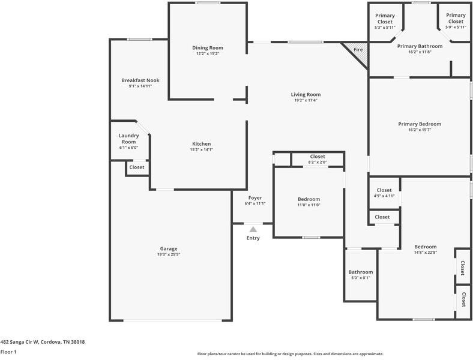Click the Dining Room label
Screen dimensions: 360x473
pyautogui.click(x=208, y=48)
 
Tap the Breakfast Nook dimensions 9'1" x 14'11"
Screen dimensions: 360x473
pyautogui.click(x=140, y=86)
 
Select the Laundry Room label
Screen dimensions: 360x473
pyautogui.click(x=128, y=139)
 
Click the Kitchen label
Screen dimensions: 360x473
pyautogui.click(x=201, y=144)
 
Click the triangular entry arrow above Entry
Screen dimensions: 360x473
pyautogui.click(x=253, y=229)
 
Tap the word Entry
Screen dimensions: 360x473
pyautogui.click(x=253, y=238)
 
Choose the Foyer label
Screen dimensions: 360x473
pyautogui.click(x=255, y=198)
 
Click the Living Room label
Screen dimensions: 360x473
pyautogui.click(x=306, y=94)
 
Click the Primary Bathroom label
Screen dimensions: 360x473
pyautogui.click(x=420, y=46)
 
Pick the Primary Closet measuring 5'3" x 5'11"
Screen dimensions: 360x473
pyautogui.click(x=385, y=22)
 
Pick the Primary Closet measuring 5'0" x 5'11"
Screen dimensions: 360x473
pyautogui.click(x=456, y=22)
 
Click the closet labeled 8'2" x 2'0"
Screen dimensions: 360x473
pyautogui.click(x=318, y=159)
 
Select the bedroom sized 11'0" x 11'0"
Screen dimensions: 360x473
pyautogui.click(x=309, y=202)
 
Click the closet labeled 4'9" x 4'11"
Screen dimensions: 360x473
pyautogui.click(x=384, y=193)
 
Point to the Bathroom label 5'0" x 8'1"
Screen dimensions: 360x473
pyautogui.click(x=361, y=275)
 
